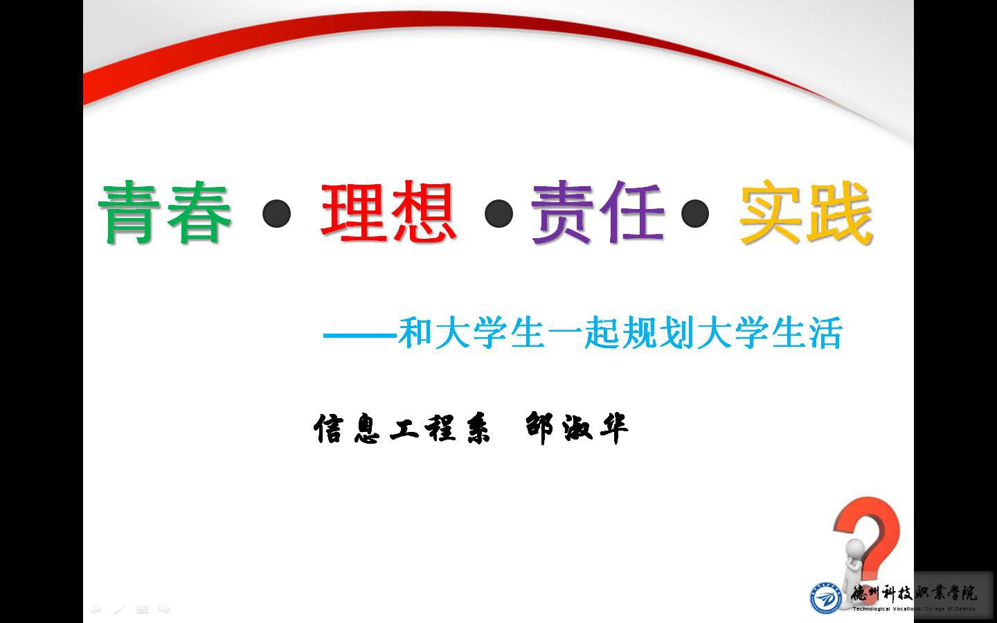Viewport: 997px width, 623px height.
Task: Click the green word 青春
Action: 165,213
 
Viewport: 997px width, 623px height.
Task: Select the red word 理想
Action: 388,212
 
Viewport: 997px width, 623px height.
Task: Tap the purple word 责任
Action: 597,212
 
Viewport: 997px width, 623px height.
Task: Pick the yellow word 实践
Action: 805,213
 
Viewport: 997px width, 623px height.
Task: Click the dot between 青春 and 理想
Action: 276,214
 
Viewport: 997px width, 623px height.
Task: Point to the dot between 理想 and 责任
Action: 498,214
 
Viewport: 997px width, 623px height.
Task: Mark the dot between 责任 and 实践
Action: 695,214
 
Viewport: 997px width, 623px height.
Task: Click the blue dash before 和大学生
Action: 360,335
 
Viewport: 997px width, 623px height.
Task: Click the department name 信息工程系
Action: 402,428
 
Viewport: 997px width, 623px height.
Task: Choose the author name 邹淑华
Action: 577,428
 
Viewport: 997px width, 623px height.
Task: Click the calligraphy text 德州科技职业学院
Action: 914,593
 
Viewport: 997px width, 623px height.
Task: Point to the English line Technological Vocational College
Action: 914,609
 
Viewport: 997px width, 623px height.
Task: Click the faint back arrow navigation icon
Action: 95,609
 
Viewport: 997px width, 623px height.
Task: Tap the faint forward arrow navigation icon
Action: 165,609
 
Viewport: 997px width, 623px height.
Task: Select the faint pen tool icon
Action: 118,609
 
